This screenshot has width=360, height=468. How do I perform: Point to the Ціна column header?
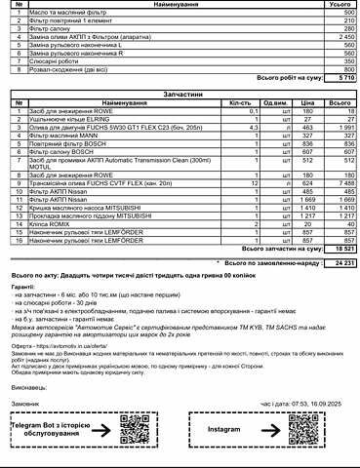pyautogui.click(x=307, y=102)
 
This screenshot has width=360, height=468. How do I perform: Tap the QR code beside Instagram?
pyautogui.click(x=300, y=428)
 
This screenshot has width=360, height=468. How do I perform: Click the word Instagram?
pyautogui.click(x=223, y=428)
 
